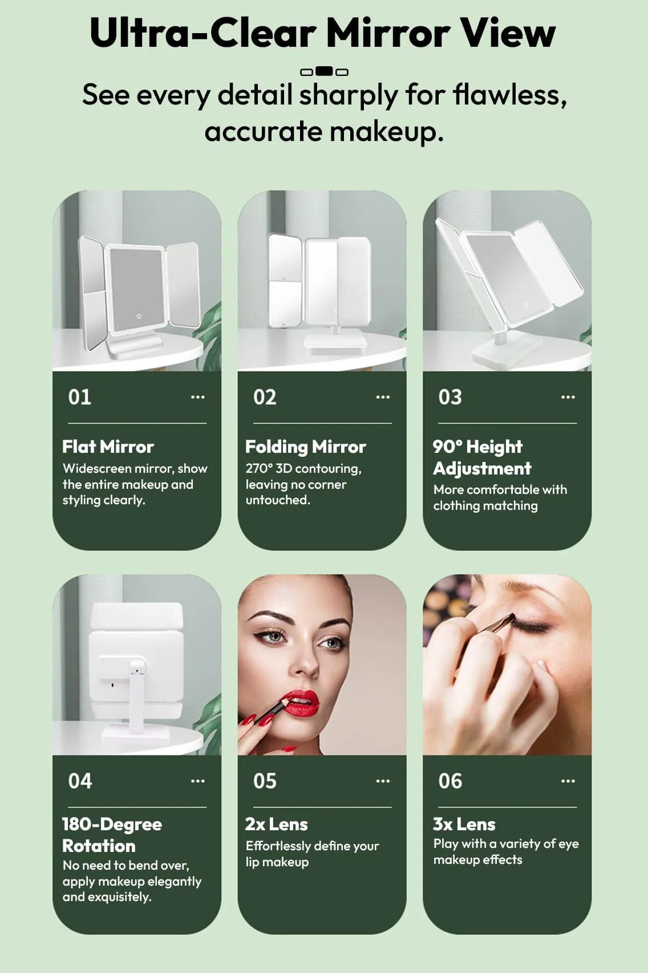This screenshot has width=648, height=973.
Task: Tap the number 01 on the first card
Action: pyautogui.click(x=79, y=397)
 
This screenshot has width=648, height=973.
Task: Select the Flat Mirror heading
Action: pyautogui.click(x=108, y=447)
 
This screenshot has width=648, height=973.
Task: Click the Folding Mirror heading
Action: pyautogui.click(x=306, y=447)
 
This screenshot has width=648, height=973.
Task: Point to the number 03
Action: pyautogui.click(x=450, y=397)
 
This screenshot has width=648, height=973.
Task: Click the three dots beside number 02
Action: pyautogui.click(x=382, y=397)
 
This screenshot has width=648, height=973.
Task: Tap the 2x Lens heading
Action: pyautogui.click(x=277, y=825)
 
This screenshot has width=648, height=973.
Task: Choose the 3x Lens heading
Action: pyautogui.click(x=464, y=825)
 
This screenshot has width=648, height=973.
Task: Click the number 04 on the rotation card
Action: pyautogui.click(x=80, y=781)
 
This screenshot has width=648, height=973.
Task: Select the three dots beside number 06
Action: pyautogui.click(x=568, y=781)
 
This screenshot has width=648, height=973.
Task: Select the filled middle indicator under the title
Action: pyautogui.click(x=324, y=71)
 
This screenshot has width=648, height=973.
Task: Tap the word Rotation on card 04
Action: pyautogui.click(x=99, y=846)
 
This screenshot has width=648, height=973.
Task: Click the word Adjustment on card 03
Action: pyautogui.click(x=482, y=469)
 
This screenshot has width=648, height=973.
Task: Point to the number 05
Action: pyautogui.click(x=265, y=781)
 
